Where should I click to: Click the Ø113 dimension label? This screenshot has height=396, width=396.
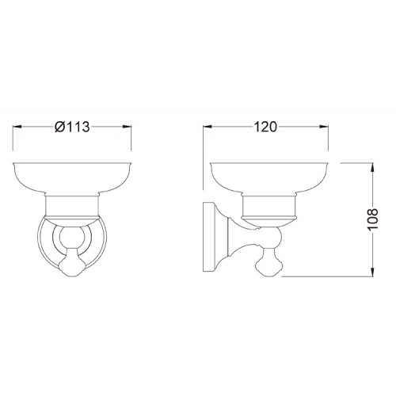pos(72,127)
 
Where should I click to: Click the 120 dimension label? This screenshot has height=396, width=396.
pos(265,127)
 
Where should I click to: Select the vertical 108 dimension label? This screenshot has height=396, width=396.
pos(373,219)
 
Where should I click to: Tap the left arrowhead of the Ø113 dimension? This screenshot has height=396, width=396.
pos(17,127)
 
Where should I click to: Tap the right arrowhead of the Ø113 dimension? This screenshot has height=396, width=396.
pos(127,127)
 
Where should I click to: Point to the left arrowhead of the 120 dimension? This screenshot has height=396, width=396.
pos(207,127)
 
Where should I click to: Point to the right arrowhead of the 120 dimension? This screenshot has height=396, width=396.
pos(324,127)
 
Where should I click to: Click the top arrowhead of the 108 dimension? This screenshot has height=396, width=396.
pos(373,167)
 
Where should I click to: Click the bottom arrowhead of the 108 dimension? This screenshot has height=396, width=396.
pos(373,272)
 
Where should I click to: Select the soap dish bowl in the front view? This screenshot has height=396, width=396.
pos(72,179)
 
